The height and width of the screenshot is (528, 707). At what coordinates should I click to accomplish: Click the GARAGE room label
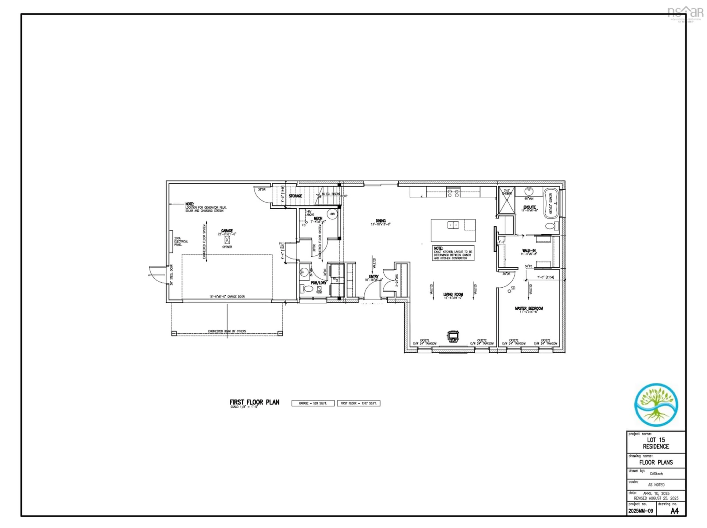(x=227, y=230)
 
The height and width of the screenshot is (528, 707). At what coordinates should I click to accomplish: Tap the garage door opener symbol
(x=227, y=240)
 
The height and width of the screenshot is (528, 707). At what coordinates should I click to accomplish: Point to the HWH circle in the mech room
(x=332, y=214)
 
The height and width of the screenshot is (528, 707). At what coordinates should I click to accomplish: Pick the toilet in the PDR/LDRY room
(x=308, y=289)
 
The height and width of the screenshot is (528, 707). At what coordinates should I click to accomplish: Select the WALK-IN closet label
(x=529, y=251)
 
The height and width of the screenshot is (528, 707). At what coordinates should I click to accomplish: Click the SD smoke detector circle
(x=509, y=291)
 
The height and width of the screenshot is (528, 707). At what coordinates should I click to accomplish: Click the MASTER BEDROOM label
(x=529, y=308)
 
